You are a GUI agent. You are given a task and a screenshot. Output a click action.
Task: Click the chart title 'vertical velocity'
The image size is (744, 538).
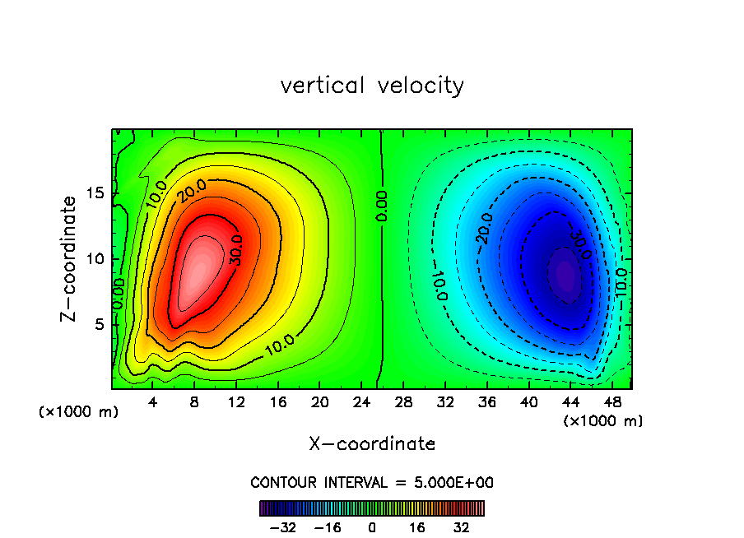click(372, 86)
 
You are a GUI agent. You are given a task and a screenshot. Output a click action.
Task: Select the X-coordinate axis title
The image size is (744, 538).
click(372, 443)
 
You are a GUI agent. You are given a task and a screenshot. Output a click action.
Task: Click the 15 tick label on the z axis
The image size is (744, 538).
click(95, 192)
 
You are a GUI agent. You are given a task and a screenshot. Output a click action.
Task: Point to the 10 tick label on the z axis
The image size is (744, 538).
click(95, 258)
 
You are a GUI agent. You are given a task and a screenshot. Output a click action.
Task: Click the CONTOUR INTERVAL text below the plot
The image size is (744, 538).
click(372, 482)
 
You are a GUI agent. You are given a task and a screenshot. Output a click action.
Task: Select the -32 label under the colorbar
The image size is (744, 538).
click(284, 527)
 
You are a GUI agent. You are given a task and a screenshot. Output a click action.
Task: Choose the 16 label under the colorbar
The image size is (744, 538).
click(417, 527)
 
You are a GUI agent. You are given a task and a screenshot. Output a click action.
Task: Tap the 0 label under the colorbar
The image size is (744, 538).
click(372, 527)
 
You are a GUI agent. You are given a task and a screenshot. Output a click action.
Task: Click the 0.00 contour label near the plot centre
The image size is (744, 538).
click(382, 206)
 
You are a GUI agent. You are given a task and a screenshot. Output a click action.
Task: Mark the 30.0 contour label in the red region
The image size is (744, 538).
click(237, 250)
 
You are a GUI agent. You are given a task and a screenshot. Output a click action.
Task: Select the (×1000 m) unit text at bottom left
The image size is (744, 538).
click(79, 412)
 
